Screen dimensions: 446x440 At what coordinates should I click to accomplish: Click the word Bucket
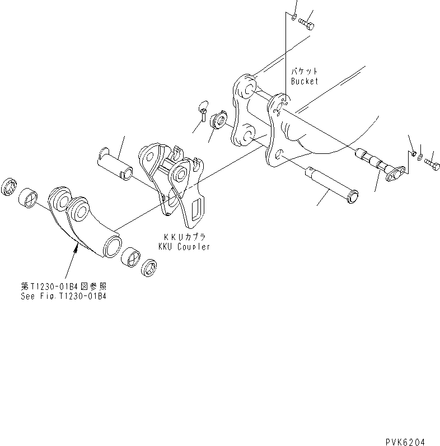click(304, 81)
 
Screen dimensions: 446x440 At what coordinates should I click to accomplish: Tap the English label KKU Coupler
click(183, 247)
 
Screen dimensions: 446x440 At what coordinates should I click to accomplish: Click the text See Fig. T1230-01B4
click(61, 296)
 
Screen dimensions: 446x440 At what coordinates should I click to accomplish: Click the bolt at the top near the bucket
click(306, 24)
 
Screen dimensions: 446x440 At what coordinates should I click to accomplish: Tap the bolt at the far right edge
click(432, 164)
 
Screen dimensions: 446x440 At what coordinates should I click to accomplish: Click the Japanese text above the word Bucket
click(304, 72)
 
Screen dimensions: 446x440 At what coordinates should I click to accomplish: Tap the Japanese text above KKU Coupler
click(181, 237)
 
